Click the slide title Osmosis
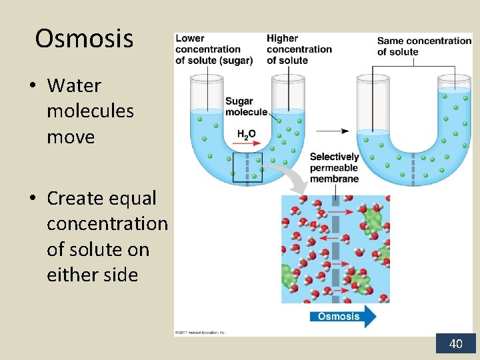[84, 39]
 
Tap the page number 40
[456, 344]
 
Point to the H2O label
[246, 134]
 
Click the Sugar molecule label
[245, 107]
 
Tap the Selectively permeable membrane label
[334, 167]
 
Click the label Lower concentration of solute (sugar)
[213, 49]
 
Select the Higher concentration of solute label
[299, 49]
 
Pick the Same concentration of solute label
[423, 46]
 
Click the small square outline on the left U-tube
[248, 167]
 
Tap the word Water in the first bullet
[74, 85]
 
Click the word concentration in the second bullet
[107, 223]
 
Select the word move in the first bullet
[70, 137]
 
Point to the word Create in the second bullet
[78, 198]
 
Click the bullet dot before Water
[32, 86]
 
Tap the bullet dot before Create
[32, 199]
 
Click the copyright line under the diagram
[200, 331]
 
